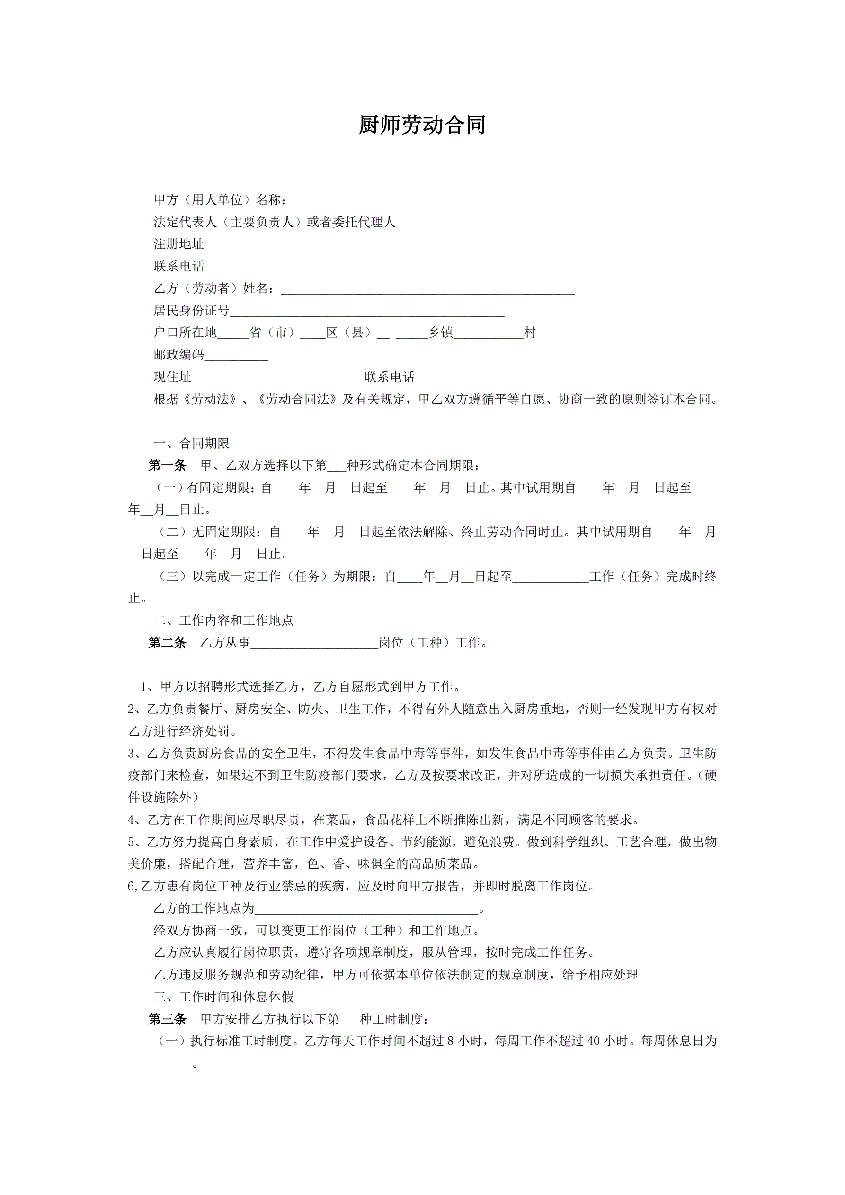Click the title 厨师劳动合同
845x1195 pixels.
422,125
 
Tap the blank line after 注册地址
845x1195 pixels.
367,245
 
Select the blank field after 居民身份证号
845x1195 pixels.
367,312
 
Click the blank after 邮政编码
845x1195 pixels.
236,356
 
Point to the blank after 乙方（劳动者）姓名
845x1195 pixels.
427,289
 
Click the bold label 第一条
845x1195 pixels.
167,466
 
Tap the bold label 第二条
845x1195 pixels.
167,643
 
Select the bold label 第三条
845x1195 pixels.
167,1020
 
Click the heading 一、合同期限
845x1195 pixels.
191,443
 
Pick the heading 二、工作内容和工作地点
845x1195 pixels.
223,620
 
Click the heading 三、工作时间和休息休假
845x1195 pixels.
223,997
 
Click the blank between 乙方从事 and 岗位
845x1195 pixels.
314,644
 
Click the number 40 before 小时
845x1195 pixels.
594,1042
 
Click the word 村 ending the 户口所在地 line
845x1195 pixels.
530,333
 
